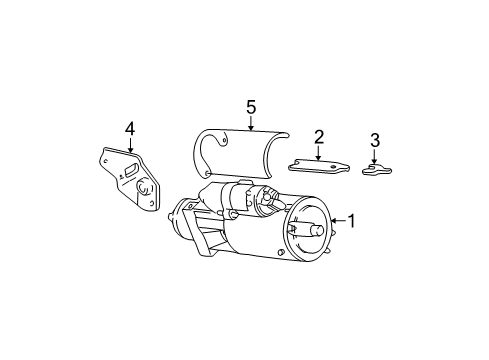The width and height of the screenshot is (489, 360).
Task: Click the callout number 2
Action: click(318, 136)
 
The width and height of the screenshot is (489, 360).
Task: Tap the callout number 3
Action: click(375, 140)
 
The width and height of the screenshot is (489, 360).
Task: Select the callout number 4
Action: click(129, 127)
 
